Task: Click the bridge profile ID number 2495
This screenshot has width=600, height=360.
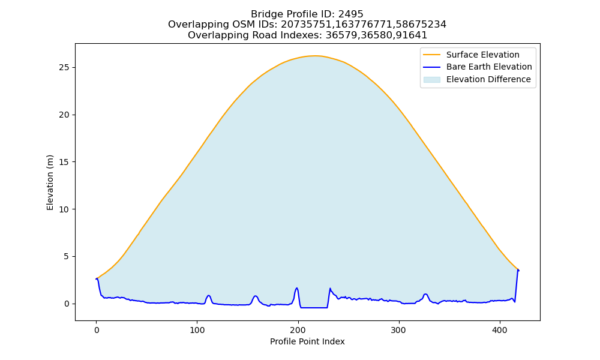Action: (x=350, y=14)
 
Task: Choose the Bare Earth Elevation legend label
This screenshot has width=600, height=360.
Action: (x=489, y=67)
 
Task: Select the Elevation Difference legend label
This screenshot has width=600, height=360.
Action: (x=488, y=80)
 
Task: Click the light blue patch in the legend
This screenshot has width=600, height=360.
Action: (x=431, y=80)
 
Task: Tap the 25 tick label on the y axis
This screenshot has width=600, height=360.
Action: (x=64, y=67)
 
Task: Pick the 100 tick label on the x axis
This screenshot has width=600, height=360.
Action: (x=197, y=330)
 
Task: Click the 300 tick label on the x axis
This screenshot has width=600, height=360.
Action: (x=399, y=330)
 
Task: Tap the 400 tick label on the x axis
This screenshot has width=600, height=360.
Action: (x=500, y=330)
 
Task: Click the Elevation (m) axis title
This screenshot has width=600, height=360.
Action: (x=50, y=182)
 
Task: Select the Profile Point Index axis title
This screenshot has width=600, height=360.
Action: (x=307, y=341)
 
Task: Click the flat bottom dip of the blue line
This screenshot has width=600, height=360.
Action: (x=314, y=308)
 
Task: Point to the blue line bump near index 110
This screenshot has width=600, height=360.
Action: (x=209, y=296)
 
